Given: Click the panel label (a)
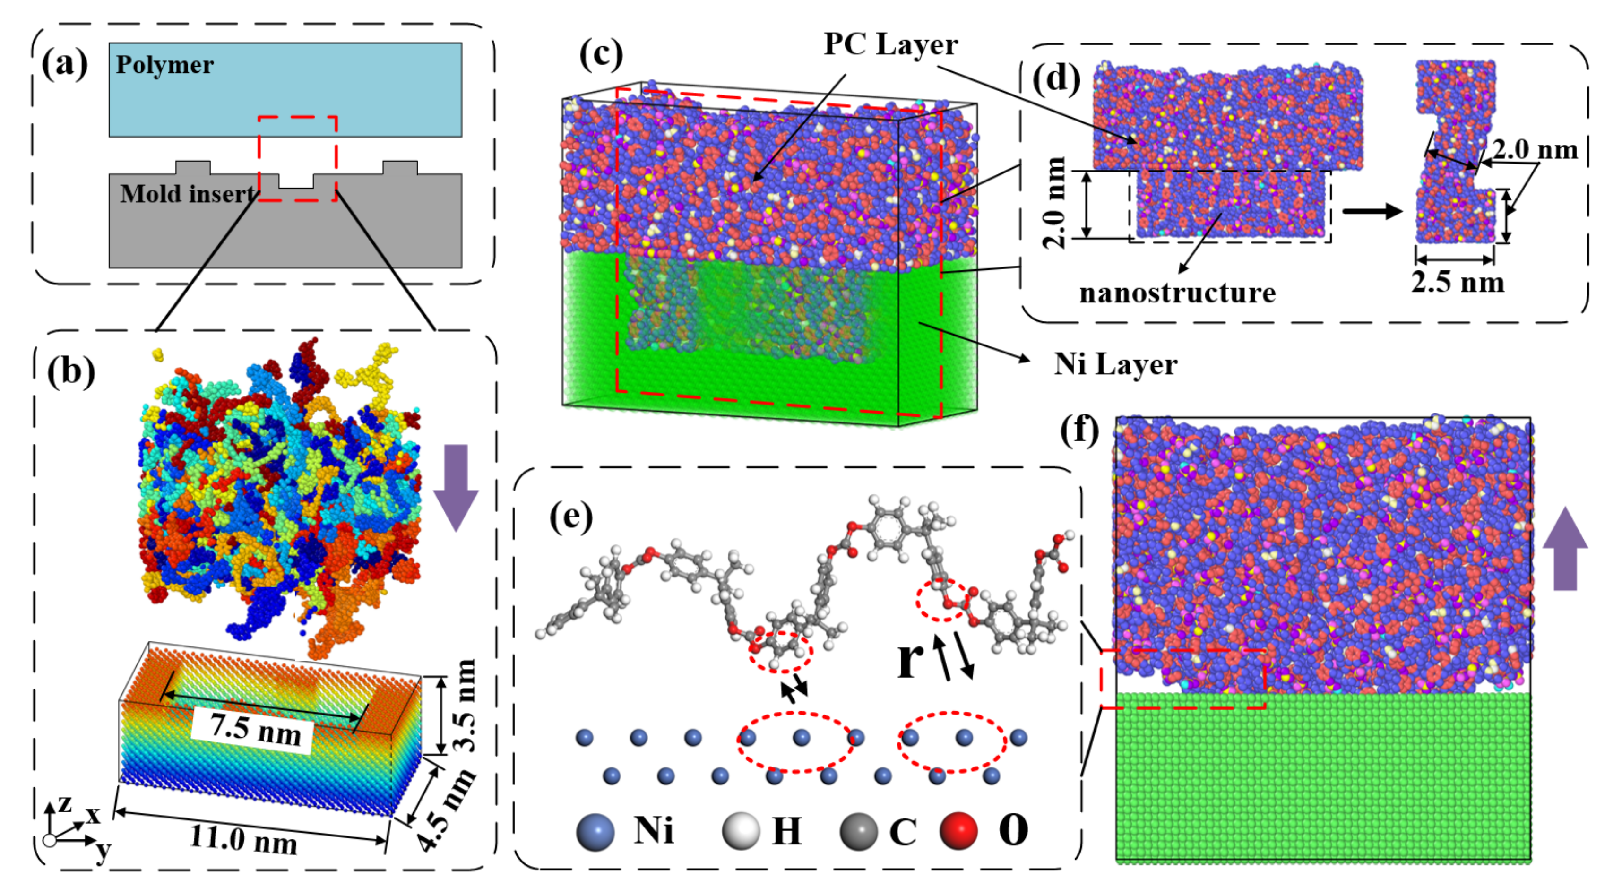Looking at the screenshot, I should [x=64, y=64].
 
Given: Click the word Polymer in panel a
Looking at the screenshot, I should [x=164, y=65].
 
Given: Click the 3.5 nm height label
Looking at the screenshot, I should [x=464, y=705].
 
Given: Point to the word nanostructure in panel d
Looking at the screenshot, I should [x=1177, y=293].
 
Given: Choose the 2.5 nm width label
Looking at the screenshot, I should [x=1457, y=283].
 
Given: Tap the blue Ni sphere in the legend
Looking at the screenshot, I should [x=595, y=831].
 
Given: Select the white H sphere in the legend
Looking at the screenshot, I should [x=741, y=831].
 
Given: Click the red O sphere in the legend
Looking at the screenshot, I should [x=958, y=831].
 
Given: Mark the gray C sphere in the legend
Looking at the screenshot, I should [x=858, y=831].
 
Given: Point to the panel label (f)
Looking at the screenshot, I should [x=1079, y=431].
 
